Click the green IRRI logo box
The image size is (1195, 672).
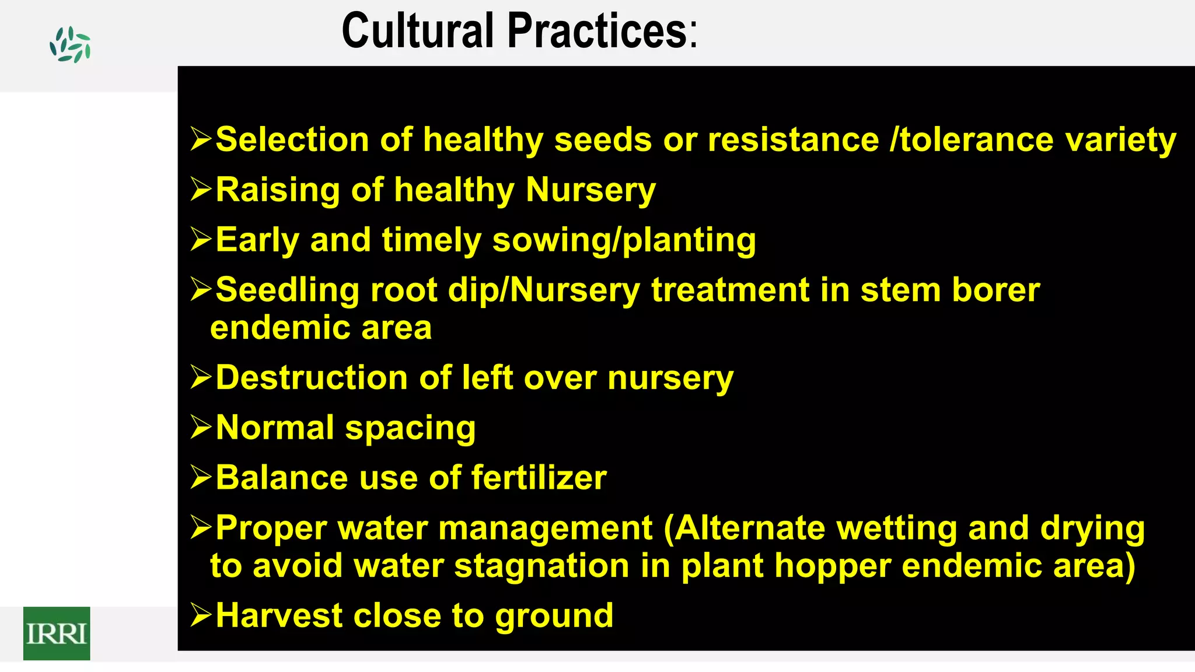(x=57, y=633)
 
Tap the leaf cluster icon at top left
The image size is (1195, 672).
(x=70, y=45)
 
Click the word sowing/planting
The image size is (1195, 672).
(x=624, y=240)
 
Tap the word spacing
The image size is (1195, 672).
(x=410, y=429)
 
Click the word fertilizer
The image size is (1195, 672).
(x=539, y=478)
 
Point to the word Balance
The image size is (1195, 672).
(x=282, y=478)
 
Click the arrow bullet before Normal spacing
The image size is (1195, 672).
(x=201, y=428)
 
